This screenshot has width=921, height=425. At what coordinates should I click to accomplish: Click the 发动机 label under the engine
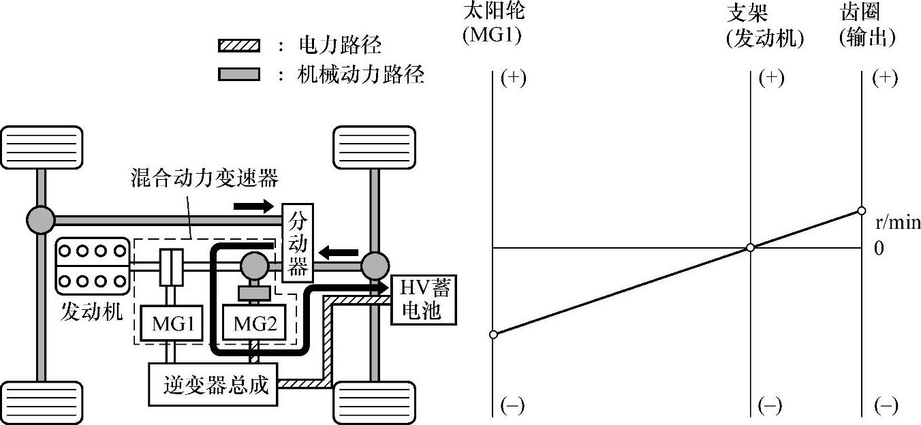pos(90,312)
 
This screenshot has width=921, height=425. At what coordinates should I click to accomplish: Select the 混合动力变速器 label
pos(204,178)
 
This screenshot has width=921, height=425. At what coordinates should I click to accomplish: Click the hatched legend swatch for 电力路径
pos(239,46)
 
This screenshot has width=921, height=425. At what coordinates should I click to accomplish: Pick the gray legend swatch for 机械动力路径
pos(239,74)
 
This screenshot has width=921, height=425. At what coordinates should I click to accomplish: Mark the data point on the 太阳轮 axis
pos(493,334)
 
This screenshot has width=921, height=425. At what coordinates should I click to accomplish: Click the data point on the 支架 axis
pos(750,247)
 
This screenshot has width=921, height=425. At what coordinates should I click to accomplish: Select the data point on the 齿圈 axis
pos(861,210)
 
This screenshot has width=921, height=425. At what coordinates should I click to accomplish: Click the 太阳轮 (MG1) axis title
pos(493,24)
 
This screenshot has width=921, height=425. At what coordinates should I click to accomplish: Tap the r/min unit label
pos(896,223)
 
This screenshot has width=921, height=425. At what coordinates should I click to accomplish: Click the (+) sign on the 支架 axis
pos(771,78)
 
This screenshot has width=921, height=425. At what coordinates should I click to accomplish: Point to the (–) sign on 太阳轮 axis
pos(512,406)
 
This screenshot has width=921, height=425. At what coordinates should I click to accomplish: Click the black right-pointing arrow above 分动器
pos(253,204)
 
